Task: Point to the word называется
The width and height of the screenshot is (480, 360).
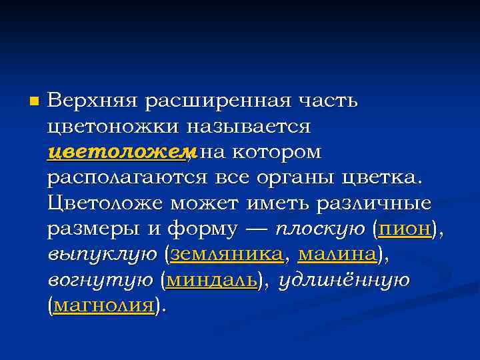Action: [249, 126]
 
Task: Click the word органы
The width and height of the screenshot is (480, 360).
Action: [294, 177]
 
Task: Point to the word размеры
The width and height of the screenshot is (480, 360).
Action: [93, 229]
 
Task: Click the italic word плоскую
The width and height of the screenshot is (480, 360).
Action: [320, 229]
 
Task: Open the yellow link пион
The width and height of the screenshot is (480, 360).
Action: [404, 229]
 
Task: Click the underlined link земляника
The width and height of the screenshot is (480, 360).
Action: [227, 254]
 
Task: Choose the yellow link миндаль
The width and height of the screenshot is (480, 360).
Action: [211, 280]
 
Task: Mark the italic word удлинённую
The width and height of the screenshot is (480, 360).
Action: [344, 280]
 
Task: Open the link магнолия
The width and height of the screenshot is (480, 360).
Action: [103, 305]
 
